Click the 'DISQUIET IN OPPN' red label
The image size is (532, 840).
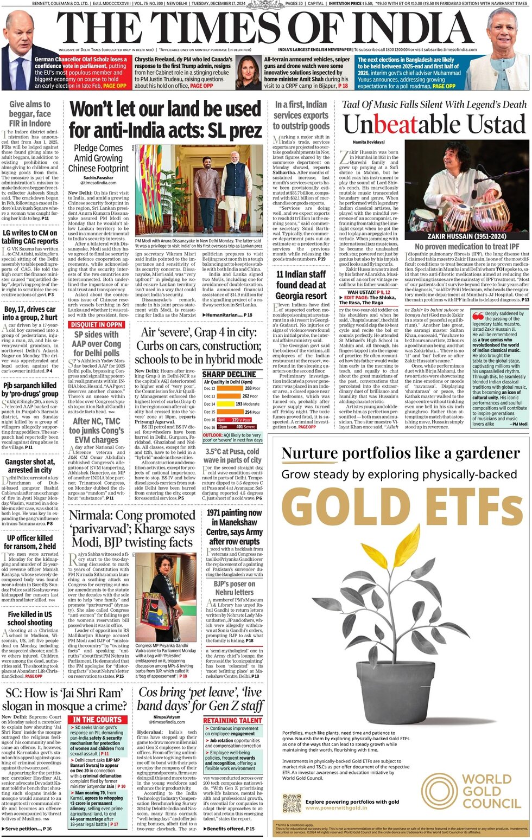point(96,325)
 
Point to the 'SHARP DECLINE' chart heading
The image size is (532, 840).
point(229,374)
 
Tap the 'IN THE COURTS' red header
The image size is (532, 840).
point(97,720)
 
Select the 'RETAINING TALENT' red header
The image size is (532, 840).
point(232,720)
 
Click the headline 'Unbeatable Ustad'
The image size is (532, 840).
point(434,125)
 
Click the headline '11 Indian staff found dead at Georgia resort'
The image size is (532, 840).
point(301,285)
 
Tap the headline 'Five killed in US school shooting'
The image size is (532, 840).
point(30,618)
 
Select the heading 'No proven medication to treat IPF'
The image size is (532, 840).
point(466,247)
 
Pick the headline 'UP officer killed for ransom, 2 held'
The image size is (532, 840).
point(30,542)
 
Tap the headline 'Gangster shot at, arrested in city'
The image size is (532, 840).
point(30,466)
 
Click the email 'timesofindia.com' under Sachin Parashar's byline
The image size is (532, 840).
point(98,183)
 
